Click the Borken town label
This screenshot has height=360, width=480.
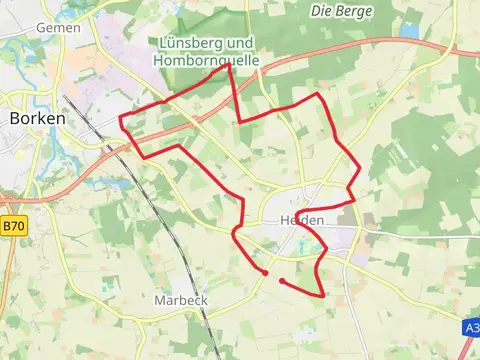[37, 118]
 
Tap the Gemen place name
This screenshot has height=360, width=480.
[58, 28]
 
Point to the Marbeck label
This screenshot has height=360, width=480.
[180, 300]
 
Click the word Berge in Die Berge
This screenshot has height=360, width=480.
[356, 11]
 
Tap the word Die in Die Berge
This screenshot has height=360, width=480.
[322, 11]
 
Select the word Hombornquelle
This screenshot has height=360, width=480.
[206, 60]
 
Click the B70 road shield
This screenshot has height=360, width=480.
[12, 227]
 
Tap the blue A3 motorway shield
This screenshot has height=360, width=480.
[472, 327]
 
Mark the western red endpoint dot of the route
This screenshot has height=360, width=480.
[266, 272]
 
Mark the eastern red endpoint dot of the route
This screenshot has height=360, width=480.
[283, 281]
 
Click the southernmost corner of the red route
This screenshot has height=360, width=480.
[324, 295]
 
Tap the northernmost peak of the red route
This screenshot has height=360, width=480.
[232, 68]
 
